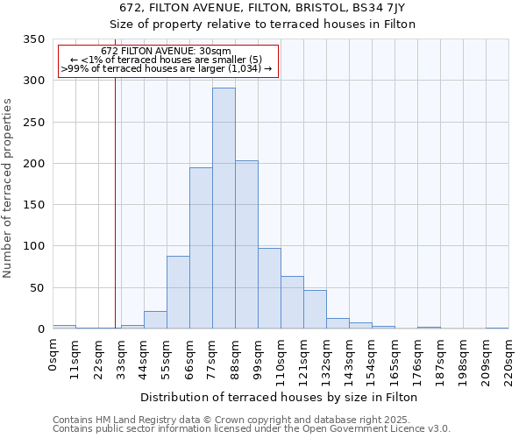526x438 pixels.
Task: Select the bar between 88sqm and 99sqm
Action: [x=246, y=245]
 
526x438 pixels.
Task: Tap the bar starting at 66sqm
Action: [x=201, y=249]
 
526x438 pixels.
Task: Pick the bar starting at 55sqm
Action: [x=178, y=293]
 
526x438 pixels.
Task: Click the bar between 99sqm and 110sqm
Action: [x=269, y=289]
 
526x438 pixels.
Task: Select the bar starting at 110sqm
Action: [x=292, y=303]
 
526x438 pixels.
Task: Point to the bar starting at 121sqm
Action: [x=315, y=310]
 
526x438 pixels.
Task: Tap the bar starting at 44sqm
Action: [x=155, y=321]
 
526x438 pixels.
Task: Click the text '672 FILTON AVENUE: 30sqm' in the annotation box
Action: [x=166, y=51]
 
